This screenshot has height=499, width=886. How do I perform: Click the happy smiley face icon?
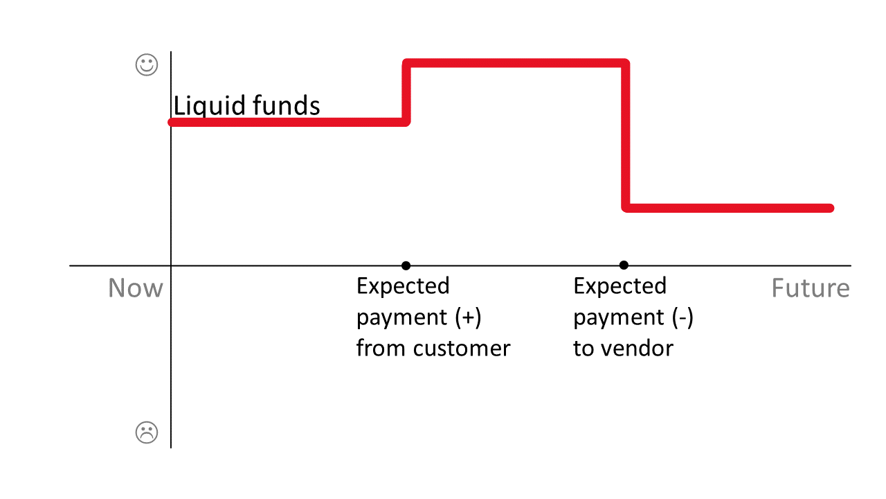[146, 66]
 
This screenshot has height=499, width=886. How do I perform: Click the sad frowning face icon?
[146, 432]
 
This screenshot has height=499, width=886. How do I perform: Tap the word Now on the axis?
[136, 288]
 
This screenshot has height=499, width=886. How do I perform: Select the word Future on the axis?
[810, 288]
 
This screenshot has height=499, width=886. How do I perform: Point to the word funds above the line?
[287, 106]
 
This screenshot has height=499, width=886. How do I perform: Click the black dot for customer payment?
[406, 265]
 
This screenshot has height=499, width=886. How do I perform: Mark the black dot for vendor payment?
[624, 265]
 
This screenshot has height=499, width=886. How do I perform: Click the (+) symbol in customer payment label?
[468, 317]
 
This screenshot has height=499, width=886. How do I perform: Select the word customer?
[462, 348]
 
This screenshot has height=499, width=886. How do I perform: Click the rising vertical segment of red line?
[407, 93]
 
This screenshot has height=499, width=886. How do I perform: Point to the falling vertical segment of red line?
[626, 136]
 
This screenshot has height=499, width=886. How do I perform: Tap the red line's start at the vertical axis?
[172, 122]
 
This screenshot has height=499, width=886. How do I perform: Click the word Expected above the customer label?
[403, 286]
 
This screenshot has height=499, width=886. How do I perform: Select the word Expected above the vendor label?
[620, 286]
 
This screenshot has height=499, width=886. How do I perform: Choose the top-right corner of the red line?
[625, 64]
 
